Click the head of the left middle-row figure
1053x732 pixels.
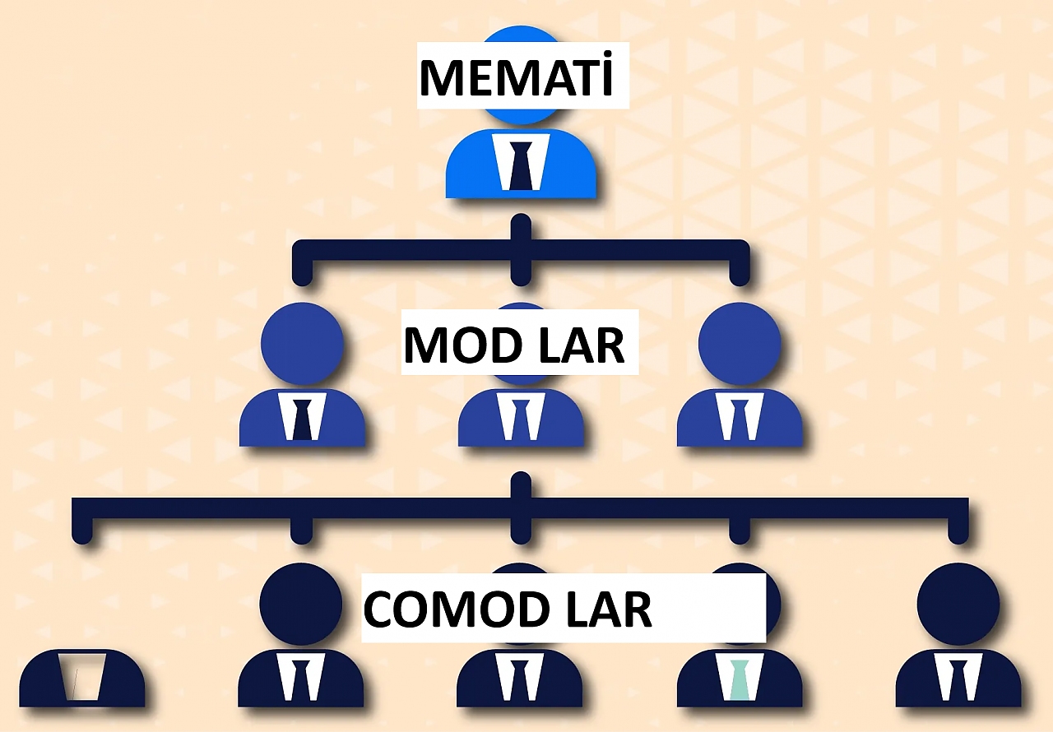(x=302, y=343)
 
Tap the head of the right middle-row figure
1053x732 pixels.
(x=740, y=343)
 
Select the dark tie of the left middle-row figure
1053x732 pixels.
(x=302, y=419)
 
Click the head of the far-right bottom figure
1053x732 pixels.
(x=958, y=605)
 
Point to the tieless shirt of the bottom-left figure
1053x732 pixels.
(x=83, y=676)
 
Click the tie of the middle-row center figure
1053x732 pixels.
(x=521, y=419)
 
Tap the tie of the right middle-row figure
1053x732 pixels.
(x=740, y=419)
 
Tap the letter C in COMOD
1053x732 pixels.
(x=379, y=609)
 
